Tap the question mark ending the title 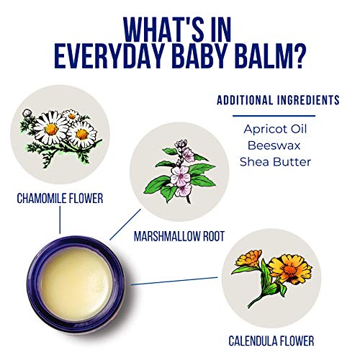300,57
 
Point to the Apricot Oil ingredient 275,130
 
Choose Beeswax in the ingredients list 274,145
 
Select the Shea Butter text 275,162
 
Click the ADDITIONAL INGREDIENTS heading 278,100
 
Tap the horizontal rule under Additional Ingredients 274,116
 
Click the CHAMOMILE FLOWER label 60,199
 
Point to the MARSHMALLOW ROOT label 179,236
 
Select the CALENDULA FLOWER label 271,341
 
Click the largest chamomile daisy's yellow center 51,129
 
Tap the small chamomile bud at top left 27,113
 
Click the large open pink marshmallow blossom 181,176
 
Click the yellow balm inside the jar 77,283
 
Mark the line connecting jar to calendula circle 174,281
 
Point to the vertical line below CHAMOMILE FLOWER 60,220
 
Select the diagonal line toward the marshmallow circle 125,225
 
